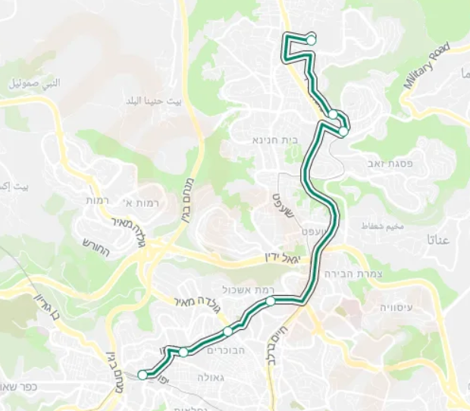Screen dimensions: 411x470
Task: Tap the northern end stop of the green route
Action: [311, 40]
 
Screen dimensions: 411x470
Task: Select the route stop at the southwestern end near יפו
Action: [143, 374]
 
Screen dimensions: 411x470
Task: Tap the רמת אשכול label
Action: [242, 290]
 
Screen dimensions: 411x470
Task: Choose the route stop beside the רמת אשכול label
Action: [271, 301]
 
